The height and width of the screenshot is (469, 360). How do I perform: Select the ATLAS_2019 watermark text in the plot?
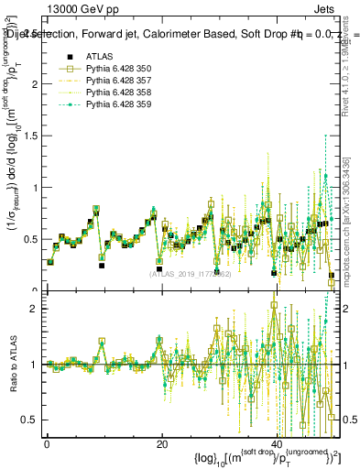(x=191, y=274)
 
